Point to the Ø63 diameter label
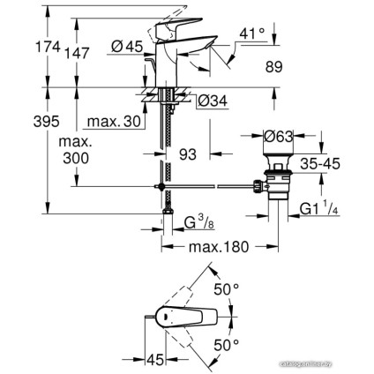(280, 137)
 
